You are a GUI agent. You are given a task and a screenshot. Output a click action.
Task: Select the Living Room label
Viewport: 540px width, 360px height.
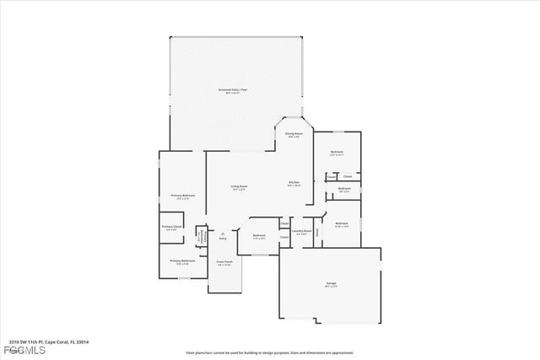pos(240,186)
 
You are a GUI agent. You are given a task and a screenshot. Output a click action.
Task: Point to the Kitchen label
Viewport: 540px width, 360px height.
pos(294,183)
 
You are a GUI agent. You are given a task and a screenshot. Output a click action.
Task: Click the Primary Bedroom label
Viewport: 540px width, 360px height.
pos(183,196)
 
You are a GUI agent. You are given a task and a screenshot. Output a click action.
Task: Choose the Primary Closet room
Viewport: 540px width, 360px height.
pos(171,228)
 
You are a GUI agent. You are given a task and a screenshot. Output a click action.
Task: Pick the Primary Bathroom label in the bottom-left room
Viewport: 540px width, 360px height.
pos(182,261)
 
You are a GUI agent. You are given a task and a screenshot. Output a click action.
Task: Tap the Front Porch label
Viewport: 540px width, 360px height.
pos(225,263)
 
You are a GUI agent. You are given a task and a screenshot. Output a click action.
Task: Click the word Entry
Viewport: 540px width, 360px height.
pos(223,239)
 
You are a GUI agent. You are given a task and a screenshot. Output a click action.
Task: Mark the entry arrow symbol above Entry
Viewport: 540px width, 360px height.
pos(223,232)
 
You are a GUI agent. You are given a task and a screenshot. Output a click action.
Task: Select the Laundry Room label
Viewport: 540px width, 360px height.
pos(302,231)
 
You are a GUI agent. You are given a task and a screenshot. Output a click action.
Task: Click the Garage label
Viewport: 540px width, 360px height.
pos(331,282)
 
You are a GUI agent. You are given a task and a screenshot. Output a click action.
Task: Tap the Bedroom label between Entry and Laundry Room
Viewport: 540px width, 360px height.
pos(259,236)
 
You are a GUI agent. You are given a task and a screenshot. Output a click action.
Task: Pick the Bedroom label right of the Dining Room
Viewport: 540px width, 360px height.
pos(337,153)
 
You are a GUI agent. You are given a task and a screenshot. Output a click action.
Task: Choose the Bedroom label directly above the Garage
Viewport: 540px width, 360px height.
pos(341,223)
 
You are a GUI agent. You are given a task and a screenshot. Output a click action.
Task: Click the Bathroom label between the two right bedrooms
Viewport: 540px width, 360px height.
pos(344,189)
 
